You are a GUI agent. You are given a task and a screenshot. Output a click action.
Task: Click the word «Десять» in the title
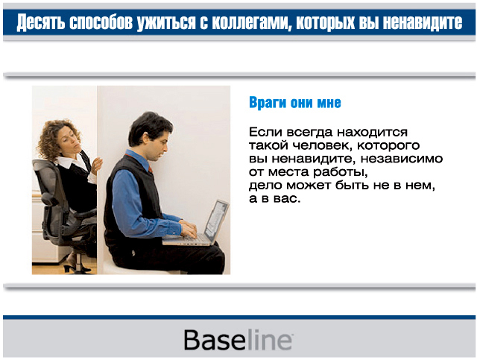(40, 22)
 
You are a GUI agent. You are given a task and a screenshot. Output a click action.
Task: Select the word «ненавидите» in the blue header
(423, 22)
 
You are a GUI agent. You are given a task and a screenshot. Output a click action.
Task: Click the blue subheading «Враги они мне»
(295, 103)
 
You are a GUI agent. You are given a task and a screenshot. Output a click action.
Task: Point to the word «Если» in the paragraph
(265, 133)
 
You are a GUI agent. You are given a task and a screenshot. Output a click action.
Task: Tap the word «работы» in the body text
(341, 172)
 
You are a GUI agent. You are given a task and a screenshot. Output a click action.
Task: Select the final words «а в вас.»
(275, 199)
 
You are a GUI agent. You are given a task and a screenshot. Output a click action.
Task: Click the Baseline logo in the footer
(238, 340)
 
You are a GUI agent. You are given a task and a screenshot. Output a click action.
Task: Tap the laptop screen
(216, 218)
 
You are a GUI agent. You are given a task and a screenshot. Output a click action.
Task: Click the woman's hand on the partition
(97, 166)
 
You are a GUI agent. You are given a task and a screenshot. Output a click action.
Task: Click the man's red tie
(151, 169)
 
